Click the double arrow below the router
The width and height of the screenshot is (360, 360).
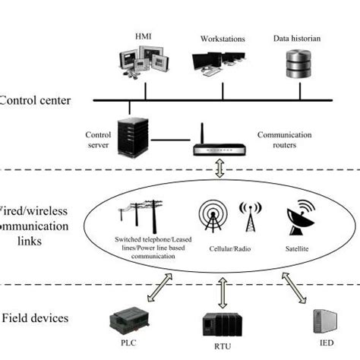[x=221, y=169]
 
